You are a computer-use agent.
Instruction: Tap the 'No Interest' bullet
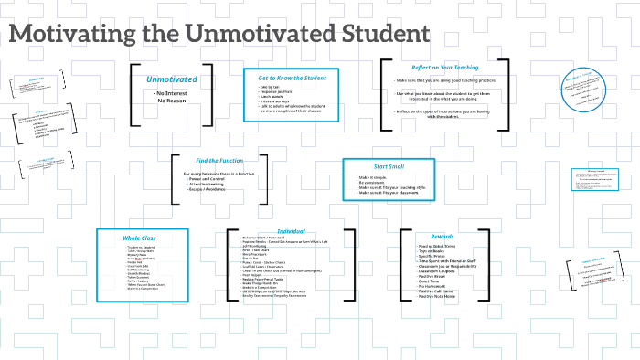pyautogui.click(x=171, y=92)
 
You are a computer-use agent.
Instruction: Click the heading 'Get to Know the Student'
pyautogui.click(x=292, y=77)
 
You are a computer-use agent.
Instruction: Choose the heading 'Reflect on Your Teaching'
pyautogui.click(x=444, y=68)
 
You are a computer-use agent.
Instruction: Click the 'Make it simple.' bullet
pyautogui.click(x=375, y=177)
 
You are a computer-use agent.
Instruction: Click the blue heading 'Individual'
pyautogui.click(x=290, y=231)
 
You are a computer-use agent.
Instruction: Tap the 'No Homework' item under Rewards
pyautogui.click(x=435, y=286)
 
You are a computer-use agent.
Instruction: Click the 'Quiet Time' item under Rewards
pyautogui.click(x=432, y=281)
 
